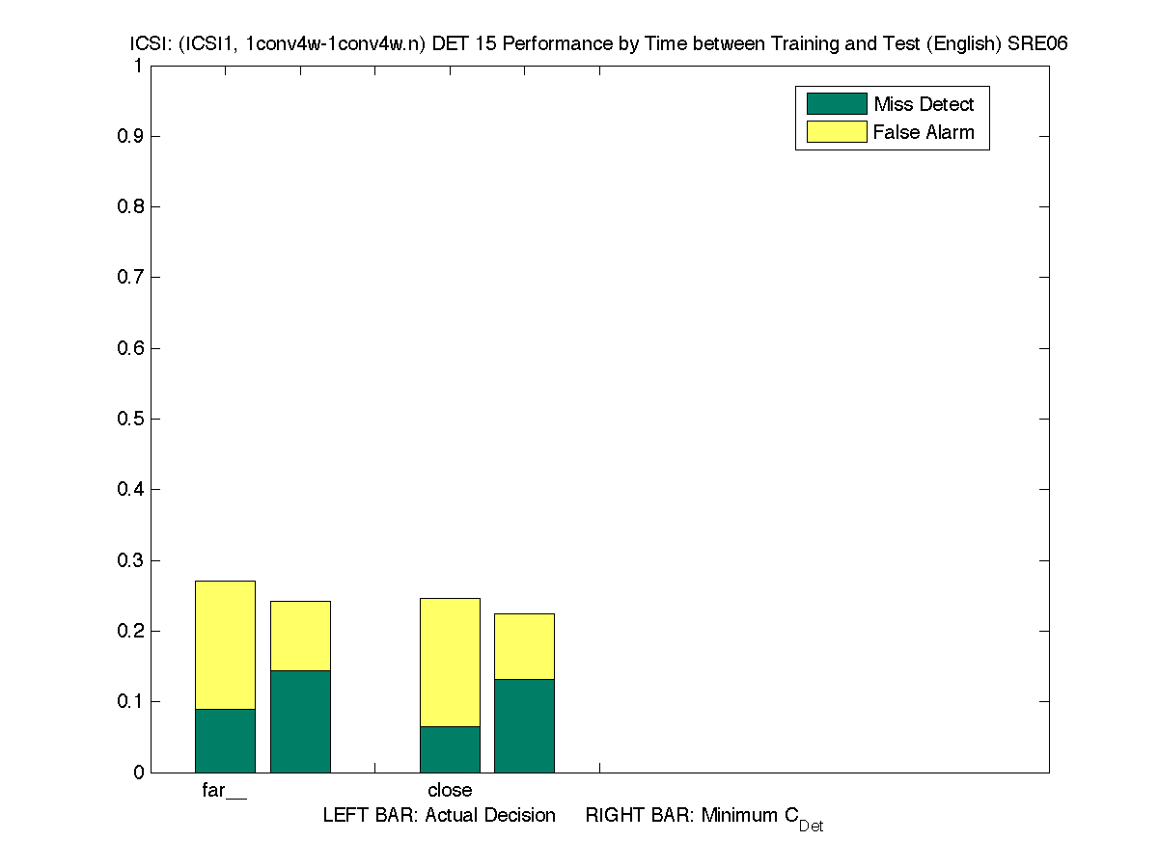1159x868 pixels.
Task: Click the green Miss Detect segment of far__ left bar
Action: [x=225, y=741]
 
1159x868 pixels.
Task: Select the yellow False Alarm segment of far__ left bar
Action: [x=225, y=644]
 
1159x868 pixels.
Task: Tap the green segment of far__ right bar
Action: [x=300, y=721]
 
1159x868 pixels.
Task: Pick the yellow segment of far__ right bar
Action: [x=300, y=636]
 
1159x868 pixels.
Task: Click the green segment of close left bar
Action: [x=450, y=749]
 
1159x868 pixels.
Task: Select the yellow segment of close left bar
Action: [x=450, y=662]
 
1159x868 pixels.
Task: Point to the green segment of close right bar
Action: [x=524, y=726]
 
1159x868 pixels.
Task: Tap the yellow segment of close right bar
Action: [x=524, y=646]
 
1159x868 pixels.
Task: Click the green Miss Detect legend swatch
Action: [x=836, y=104]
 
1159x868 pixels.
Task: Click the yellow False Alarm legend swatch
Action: [x=836, y=132]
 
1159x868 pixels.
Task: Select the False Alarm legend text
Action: [x=924, y=133]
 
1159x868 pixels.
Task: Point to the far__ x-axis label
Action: [x=224, y=791]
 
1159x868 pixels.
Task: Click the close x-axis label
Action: [x=450, y=791]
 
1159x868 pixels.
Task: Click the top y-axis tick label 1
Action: [x=138, y=66]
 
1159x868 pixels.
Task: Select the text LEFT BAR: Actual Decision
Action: [x=439, y=816]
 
